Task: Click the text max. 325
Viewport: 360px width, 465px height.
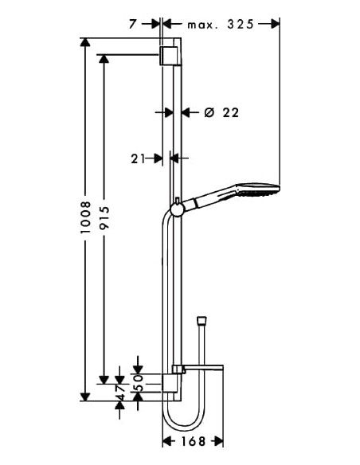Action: tap(221, 24)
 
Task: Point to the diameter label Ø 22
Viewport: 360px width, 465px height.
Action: tap(221, 113)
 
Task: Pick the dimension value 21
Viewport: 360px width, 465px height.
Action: tap(137, 158)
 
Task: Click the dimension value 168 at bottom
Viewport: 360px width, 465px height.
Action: tap(192, 441)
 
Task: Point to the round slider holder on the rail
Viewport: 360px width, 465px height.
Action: tap(176, 209)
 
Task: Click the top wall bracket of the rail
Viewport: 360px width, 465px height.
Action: tap(169, 56)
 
